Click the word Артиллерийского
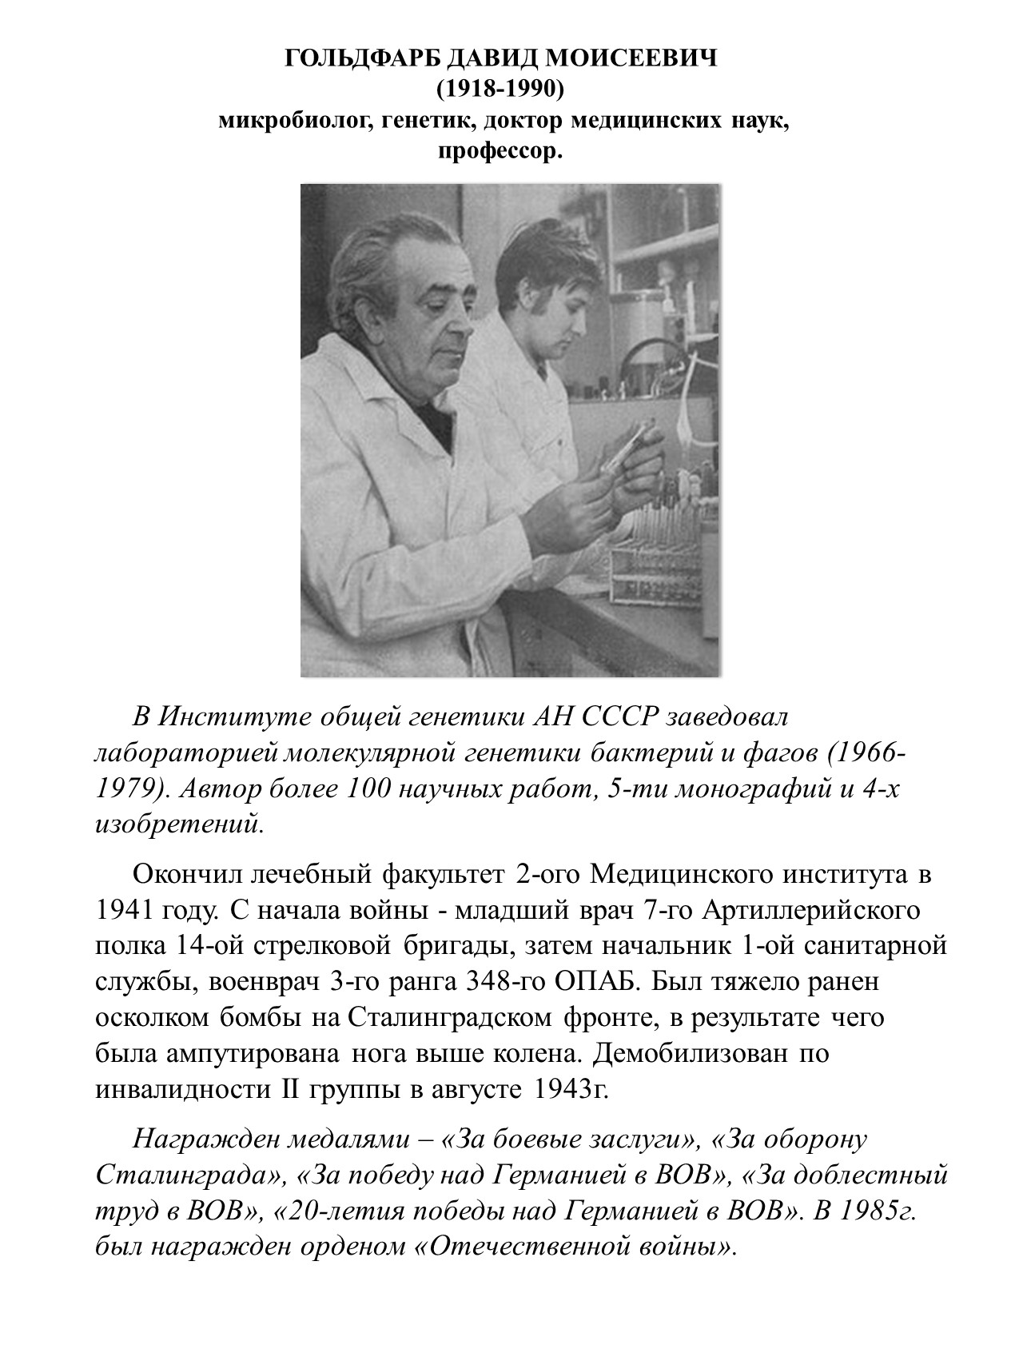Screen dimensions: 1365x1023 pos(798,910)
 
